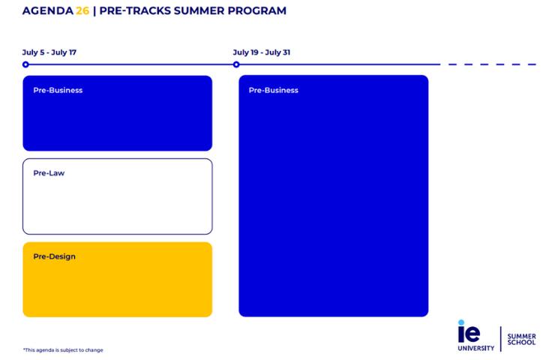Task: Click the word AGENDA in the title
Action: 47,11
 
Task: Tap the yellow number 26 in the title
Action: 82,11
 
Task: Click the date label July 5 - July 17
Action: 49,52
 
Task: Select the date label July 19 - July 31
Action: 262,52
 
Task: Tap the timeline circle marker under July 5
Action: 25,64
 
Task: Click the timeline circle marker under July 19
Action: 236,64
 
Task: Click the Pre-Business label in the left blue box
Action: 58,91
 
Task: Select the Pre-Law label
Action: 49,173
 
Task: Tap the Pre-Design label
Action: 54,256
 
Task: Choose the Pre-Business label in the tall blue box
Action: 274,91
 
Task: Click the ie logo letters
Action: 469,331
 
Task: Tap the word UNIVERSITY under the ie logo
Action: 476,348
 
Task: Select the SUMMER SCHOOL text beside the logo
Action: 521,340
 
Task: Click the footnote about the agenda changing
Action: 63,350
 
